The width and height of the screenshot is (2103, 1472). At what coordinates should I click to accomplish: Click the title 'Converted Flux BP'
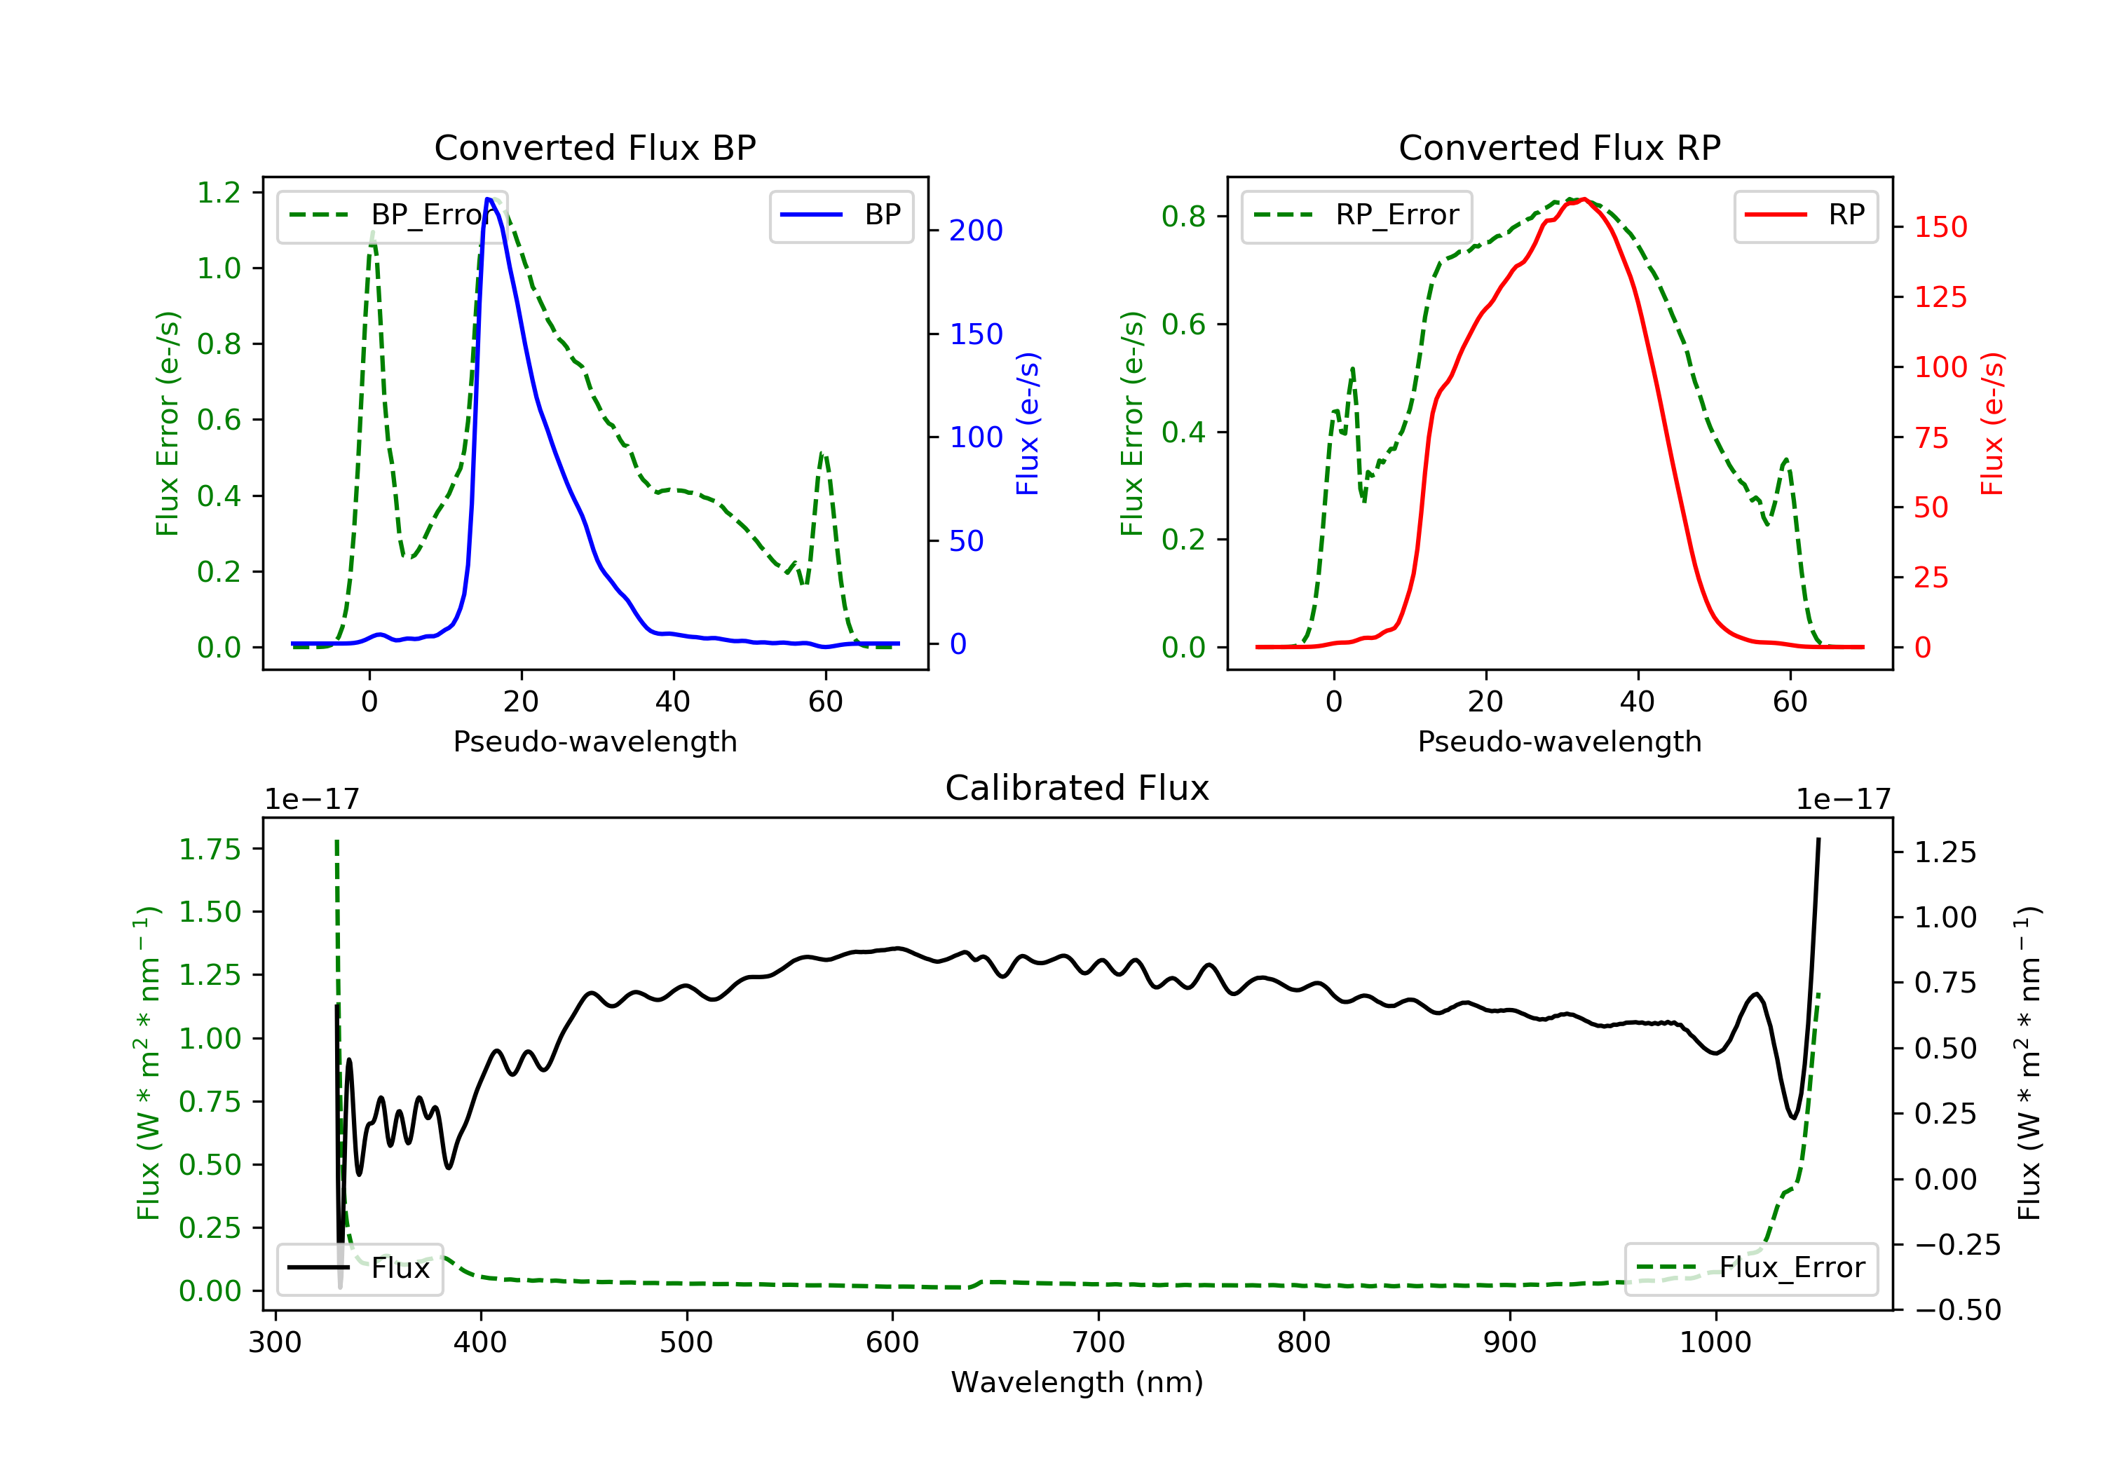point(594,147)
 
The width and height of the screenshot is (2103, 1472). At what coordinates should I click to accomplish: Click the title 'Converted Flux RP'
point(1559,147)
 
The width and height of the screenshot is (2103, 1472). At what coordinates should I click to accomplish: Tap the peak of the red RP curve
point(1584,199)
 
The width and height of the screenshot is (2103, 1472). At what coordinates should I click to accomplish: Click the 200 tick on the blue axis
point(976,231)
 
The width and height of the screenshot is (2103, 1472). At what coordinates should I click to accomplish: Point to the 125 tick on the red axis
point(1940,297)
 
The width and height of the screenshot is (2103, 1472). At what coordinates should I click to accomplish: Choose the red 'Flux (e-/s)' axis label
point(1992,423)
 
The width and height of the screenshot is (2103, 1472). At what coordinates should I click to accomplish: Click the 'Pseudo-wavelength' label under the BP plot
point(594,741)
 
